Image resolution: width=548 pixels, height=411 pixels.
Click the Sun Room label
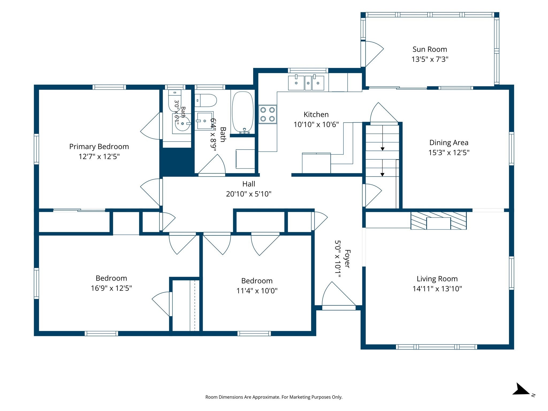pos(430,49)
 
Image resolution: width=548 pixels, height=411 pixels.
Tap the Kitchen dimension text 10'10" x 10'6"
pos(316,124)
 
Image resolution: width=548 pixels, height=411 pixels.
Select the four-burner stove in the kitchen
pos(268,114)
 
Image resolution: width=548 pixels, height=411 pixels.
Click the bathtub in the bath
pos(243,112)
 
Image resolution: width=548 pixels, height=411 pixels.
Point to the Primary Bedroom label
pos(99,147)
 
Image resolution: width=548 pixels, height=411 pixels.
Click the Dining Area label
pos(449,143)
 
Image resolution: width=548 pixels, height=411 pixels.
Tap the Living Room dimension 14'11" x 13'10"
pos(437,289)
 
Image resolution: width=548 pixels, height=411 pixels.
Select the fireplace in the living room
pos(439,221)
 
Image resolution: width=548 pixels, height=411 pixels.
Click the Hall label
pos(249,184)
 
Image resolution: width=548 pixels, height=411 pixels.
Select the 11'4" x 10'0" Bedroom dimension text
pos(257,291)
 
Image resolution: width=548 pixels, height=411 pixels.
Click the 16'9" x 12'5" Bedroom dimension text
pos(111,288)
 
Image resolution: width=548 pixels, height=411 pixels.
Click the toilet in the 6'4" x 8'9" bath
pos(205,100)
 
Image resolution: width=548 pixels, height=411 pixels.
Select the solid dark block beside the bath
pos(177,162)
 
